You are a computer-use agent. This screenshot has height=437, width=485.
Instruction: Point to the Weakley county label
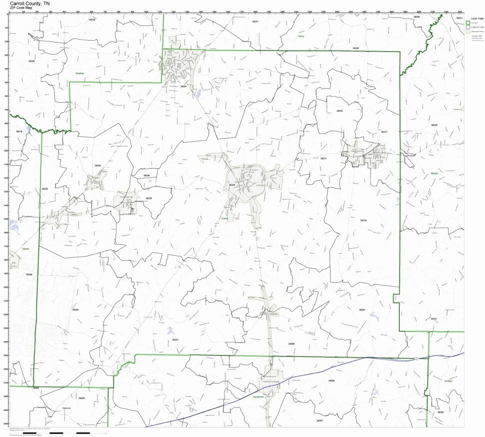tap(79, 73)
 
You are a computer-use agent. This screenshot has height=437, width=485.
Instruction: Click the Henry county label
tap(301, 36)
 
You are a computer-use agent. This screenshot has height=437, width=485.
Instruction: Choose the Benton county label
tap(433, 173)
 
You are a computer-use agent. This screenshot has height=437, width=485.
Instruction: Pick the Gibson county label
tap(26, 249)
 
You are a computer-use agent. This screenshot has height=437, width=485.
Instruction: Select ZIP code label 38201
tap(183, 86)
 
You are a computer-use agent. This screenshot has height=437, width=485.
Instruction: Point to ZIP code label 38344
tap(232, 185)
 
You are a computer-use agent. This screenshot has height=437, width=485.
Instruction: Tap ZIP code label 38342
tap(339, 111)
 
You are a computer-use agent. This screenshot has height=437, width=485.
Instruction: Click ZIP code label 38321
tap(175, 340)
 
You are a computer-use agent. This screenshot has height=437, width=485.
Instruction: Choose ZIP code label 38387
tap(362, 310)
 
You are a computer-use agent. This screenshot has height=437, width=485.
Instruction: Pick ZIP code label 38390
tap(291, 344)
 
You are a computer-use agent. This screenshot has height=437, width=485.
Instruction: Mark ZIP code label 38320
tap(434, 125)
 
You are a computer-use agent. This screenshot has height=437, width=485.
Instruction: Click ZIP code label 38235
tap(148, 198)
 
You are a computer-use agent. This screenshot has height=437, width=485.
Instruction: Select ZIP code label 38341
tap(433, 319)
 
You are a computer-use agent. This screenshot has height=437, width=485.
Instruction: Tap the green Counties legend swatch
tap(468, 23)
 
